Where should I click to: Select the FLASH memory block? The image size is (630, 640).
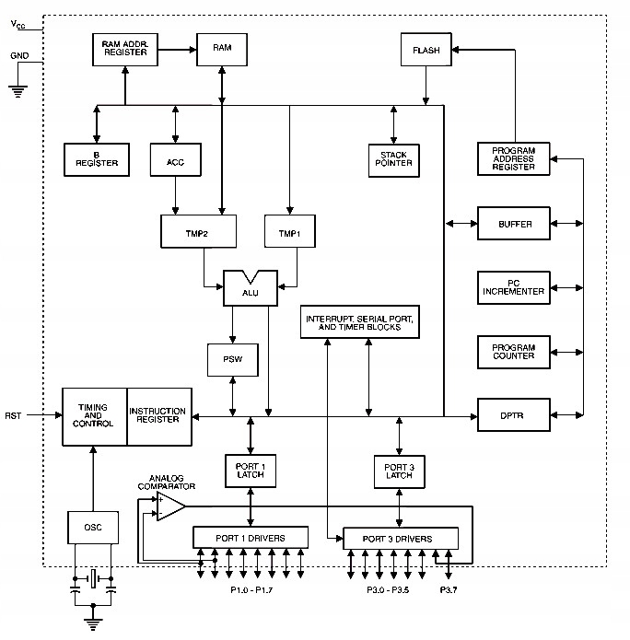[426, 49]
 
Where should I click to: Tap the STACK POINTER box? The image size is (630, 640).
[393, 158]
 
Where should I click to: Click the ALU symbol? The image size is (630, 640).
[251, 288]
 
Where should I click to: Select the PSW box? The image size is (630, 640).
[232, 357]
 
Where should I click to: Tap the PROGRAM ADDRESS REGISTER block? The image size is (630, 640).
[513, 159]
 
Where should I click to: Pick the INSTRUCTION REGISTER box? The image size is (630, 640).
[157, 415]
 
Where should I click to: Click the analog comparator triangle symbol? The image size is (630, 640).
[169, 506]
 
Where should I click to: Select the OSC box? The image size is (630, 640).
[93, 527]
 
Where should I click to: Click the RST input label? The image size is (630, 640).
[13, 415]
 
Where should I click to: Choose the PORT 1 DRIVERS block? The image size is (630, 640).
[251, 537]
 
